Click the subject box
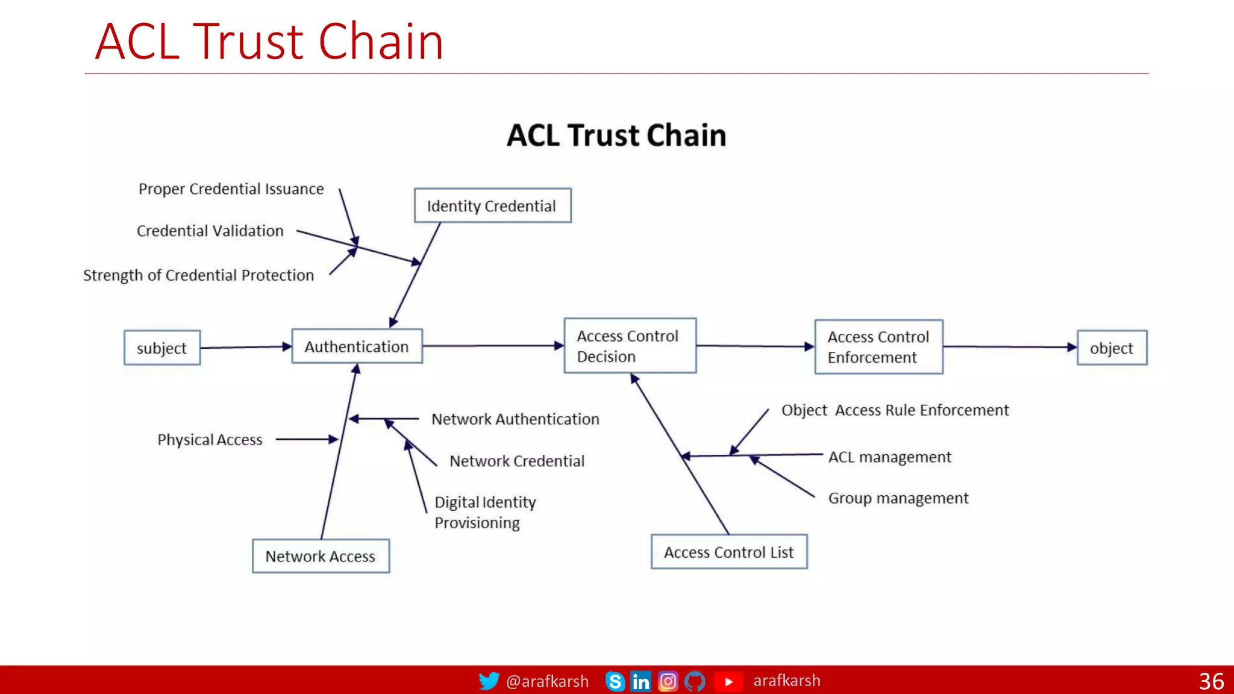pos(161,348)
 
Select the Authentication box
pos(357,346)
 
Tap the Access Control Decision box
pos(630,346)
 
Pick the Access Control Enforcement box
pos(879,347)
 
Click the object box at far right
pos(1112,348)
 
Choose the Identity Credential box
pos(492,206)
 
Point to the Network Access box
pos(321,556)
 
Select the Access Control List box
pos(728,552)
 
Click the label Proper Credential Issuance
pos(231,189)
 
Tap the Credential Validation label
pos(210,231)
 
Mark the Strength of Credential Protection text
pos(199,275)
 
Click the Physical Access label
pos(210,440)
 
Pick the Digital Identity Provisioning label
pos(485,512)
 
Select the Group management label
pos(898,498)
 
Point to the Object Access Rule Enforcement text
pos(895,410)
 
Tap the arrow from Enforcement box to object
pos(1010,347)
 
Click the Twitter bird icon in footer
pos(489,681)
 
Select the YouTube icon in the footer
pos(728,681)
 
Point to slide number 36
pos(1211,681)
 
